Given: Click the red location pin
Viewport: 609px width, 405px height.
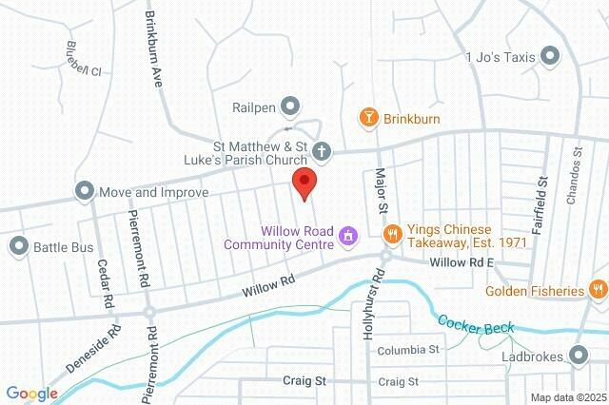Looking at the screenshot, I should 304,182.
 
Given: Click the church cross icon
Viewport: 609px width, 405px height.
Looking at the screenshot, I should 323,150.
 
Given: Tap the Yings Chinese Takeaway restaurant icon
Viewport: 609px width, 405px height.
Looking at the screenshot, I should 390,234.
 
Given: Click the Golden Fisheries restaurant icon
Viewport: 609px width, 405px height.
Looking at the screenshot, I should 597,289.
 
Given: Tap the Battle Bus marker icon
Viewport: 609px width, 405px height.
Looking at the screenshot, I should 18,247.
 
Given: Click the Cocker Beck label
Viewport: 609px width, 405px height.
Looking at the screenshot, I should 473,322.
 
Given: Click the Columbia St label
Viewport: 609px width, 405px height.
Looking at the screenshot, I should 406,350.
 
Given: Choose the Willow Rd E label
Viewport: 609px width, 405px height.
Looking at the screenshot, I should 462,260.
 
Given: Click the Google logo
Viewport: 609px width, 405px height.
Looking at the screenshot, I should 31,394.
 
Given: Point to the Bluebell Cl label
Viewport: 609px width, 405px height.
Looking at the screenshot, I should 85,60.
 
